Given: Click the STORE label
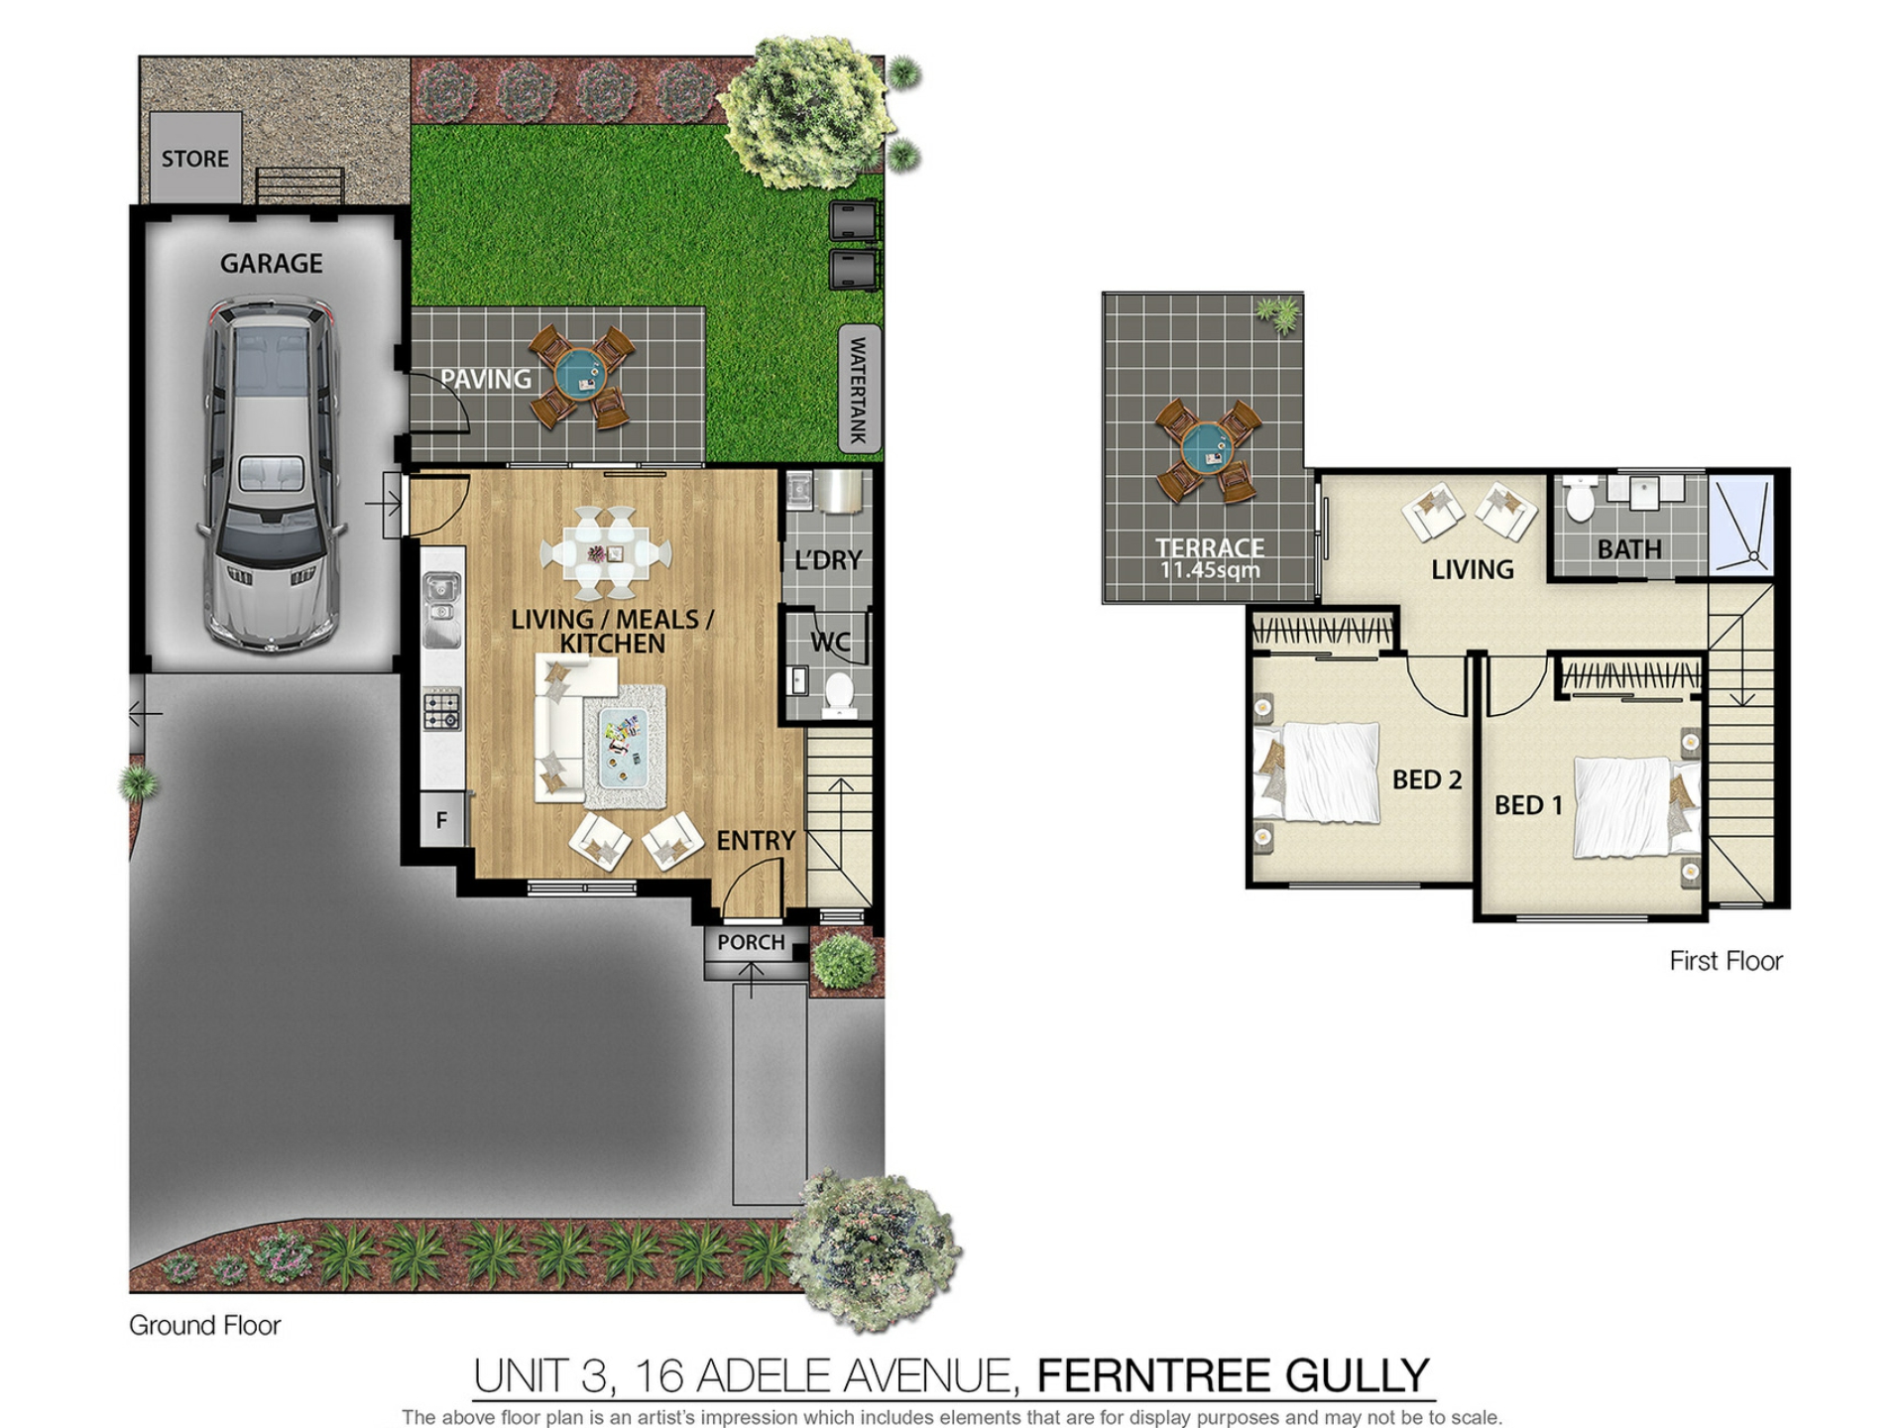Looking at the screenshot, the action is pyautogui.click(x=195, y=159).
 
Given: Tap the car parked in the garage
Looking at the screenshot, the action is pyautogui.click(x=271, y=474).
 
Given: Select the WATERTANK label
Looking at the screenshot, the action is pyautogui.click(x=859, y=390).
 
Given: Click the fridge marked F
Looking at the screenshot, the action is pyautogui.click(x=442, y=820).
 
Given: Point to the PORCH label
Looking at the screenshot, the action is pyautogui.click(x=751, y=942).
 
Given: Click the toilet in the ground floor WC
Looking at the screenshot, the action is pyautogui.click(x=839, y=693).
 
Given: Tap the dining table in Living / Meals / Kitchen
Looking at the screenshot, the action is pyautogui.click(x=605, y=551).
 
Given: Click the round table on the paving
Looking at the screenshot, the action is pyautogui.click(x=581, y=376).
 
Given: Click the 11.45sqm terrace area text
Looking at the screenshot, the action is pyautogui.click(x=1210, y=570).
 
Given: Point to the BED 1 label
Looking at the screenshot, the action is pyautogui.click(x=1528, y=805).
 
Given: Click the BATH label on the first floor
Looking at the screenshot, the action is pyautogui.click(x=1629, y=549).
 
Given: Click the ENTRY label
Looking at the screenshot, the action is pyautogui.click(x=756, y=841).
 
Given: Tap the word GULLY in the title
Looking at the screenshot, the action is pyautogui.click(x=1358, y=1376).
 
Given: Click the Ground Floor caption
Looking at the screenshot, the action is pyautogui.click(x=205, y=1325).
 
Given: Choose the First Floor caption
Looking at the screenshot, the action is pyautogui.click(x=1725, y=961).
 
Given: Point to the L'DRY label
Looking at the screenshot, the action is pyautogui.click(x=828, y=560).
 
